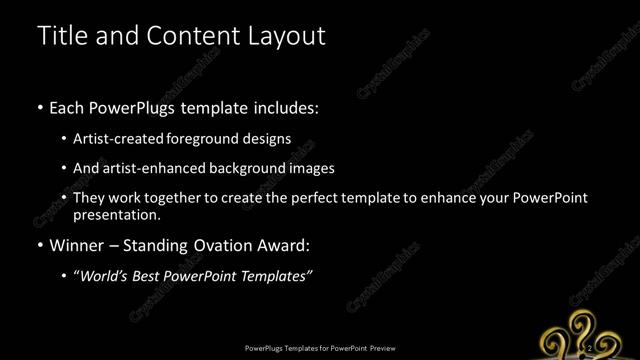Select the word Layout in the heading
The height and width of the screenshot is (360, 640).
[x=280, y=36]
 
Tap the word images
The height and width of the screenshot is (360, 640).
[x=311, y=168]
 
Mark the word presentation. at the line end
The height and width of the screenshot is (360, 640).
[x=117, y=215]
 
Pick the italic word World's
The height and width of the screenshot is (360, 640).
[x=104, y=276]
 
